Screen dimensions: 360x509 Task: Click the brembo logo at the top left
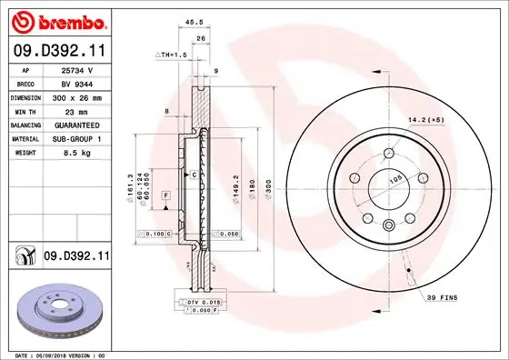point(56,20)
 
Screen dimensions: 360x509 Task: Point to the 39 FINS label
point(443,297)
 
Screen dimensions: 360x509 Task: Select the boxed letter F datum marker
point(167,196)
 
